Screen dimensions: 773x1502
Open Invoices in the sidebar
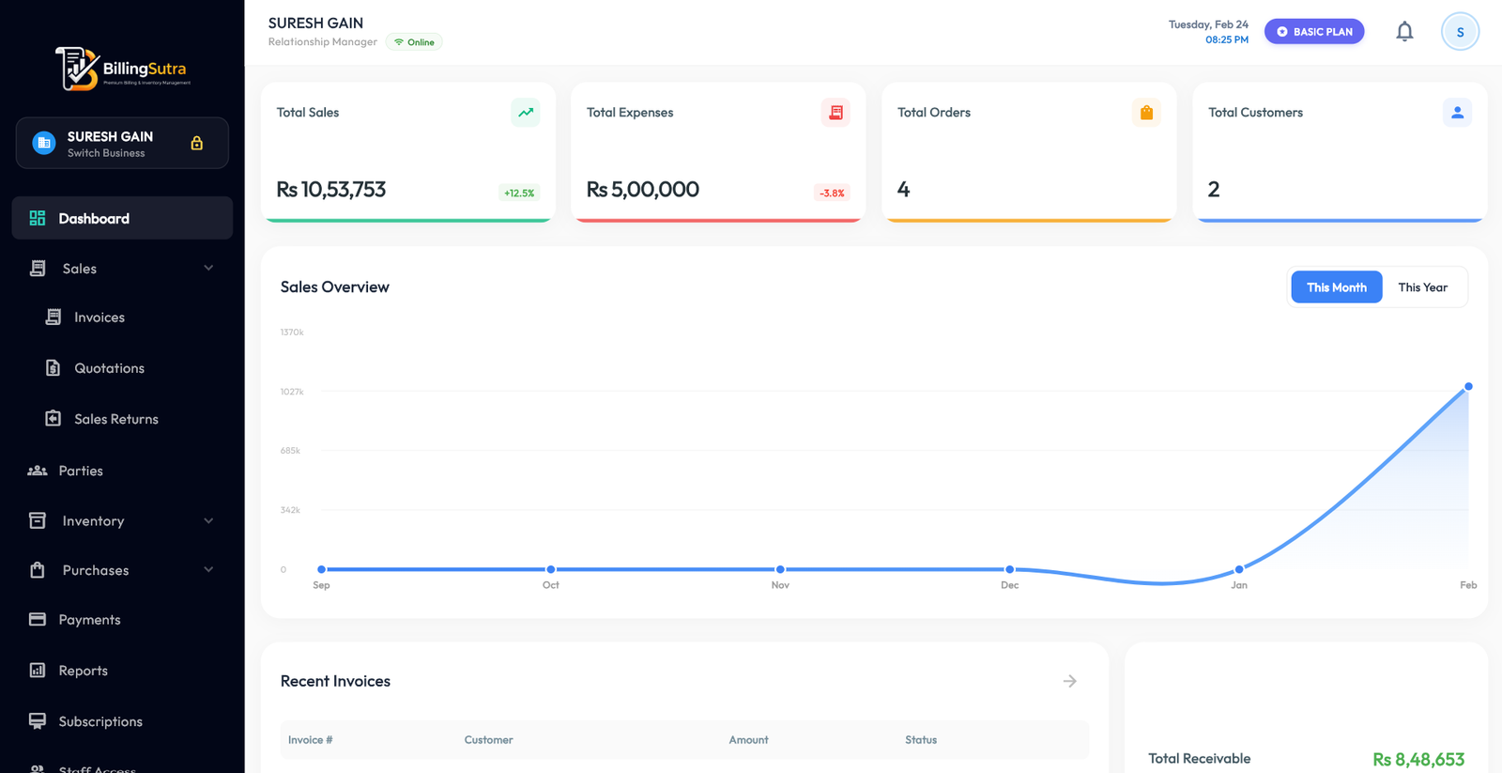(x=99, y=317)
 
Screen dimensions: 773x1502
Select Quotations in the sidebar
(x=109, y=368)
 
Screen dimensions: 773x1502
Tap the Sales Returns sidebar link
(x=115, y=419)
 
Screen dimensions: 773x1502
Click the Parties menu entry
(x=81, y=471)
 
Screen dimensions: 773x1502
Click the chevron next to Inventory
(x=208, y=520)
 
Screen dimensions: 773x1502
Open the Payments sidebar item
(x=89, y=620)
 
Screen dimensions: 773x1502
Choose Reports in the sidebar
(x=83, y=671)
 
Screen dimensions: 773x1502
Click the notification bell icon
(x=1404, y=32)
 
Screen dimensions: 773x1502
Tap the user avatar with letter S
(x=1460, y=32)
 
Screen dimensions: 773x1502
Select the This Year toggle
(x=1422, y=287)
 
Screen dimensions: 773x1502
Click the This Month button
(x=1336, y=287)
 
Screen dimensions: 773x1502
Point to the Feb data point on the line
(x=1468, y=386)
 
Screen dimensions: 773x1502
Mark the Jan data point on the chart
(x=1239, y=569)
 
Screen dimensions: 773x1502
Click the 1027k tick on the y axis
(x=292, y=392)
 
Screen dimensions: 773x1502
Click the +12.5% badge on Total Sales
(x=519, y=193)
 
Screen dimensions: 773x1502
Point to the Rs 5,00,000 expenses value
(x=643, y=190)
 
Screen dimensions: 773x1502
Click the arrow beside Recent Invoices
(x=1069, y=681)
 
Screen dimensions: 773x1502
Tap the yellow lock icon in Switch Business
(x=197, y=143)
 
